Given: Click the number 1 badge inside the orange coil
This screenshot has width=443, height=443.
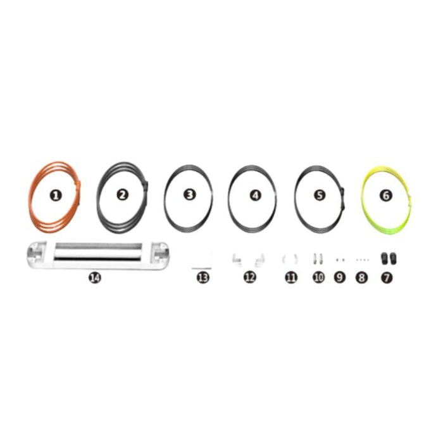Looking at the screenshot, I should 56,196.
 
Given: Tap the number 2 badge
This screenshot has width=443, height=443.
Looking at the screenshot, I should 123,195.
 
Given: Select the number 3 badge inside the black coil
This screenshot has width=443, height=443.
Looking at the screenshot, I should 189,195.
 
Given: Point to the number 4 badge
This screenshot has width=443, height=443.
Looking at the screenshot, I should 255,195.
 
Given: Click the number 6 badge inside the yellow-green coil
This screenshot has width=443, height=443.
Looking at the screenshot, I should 386,196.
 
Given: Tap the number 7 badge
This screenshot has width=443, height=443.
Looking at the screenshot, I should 386,277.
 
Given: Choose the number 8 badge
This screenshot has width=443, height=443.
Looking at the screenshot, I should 362,277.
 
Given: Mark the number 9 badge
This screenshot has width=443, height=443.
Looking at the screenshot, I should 340,277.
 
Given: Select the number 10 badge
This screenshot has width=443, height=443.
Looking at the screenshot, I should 318,277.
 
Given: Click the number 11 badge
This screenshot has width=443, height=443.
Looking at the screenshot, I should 291,277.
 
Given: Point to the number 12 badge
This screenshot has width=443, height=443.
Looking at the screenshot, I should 250,277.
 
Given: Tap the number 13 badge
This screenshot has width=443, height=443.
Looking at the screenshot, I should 203,277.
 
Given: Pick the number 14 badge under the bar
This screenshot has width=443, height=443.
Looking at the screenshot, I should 95,277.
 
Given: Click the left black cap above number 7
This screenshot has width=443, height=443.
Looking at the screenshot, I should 382,258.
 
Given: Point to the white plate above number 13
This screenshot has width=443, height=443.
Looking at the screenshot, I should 203,260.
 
